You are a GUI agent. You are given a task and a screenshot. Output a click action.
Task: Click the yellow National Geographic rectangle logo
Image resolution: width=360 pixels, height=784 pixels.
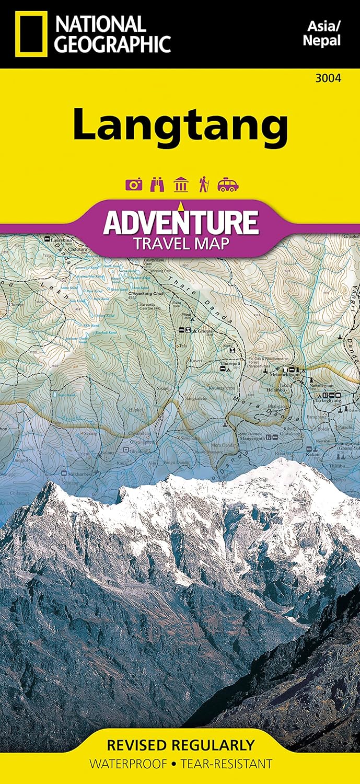pos(31,34)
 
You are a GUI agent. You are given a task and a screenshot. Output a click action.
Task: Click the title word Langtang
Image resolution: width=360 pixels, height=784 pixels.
pos(180,124)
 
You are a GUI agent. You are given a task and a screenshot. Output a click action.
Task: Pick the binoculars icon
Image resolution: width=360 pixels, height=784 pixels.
pos(157,185)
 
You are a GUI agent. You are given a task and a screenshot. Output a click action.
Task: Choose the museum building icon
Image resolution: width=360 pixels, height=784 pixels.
pos(180,185)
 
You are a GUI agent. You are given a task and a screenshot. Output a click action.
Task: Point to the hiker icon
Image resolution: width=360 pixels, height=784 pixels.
pos(203,185)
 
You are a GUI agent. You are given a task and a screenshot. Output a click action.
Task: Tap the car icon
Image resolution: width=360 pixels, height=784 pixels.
pos(228,185)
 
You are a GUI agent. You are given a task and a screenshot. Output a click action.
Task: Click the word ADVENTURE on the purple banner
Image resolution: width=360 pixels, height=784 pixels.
pos(180,222)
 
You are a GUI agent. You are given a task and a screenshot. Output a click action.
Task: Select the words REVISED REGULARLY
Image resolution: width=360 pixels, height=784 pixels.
pos(180,745)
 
